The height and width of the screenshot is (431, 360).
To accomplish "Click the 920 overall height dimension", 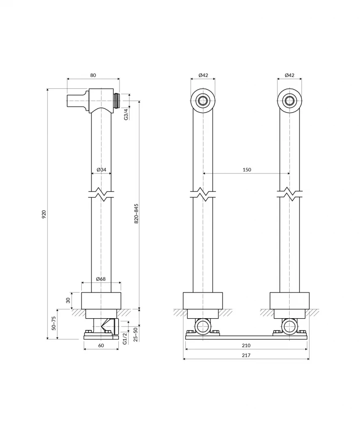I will point(44,214).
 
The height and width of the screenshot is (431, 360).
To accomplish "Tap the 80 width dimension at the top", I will point(93,75).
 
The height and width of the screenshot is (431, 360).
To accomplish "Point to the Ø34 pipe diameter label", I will point(101,170).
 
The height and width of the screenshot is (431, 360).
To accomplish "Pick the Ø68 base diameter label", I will point(101,279).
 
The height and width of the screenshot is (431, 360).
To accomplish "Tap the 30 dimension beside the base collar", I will point(68,301).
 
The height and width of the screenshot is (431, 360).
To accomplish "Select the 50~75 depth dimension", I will point(54,324).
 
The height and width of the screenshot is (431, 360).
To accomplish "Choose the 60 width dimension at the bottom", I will point(101,346).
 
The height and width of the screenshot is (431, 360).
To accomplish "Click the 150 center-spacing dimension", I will point(247,170).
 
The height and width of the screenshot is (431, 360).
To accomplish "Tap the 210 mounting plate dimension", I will point(246,346).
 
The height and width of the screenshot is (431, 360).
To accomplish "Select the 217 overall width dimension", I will point(246,356).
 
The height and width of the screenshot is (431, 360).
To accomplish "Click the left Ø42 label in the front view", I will point(203,75).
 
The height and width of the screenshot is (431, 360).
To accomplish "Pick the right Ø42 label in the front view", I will point(289,75).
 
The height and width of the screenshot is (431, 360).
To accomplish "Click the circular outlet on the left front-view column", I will point(203,101).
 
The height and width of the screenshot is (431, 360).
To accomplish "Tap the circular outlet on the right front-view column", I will point(289,101).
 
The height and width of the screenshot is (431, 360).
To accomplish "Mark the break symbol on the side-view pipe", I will point(101,194).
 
